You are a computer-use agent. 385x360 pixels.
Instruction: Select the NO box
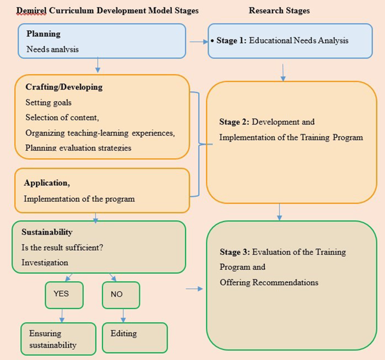120,295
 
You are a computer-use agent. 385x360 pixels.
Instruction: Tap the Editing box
135,337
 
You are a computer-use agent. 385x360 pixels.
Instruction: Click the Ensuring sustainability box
58,339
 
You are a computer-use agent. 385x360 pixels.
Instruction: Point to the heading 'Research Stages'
279,10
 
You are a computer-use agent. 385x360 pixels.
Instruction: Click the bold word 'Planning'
43,34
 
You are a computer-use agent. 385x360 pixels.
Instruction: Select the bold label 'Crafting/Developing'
64,87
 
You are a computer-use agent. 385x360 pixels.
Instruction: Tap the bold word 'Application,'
47,183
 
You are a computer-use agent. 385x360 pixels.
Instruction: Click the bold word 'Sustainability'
47,232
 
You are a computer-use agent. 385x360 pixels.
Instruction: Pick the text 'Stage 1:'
231,40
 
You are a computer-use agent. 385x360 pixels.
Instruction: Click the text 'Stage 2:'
234,122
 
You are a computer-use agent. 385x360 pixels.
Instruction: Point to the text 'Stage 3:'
235,252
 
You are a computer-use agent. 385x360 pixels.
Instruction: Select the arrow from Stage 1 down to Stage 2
283,72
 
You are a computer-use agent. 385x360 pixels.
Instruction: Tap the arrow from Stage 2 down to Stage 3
279,211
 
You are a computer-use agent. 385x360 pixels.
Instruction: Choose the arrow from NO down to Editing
123,316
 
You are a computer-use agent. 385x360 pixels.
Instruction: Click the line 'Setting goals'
48,102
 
